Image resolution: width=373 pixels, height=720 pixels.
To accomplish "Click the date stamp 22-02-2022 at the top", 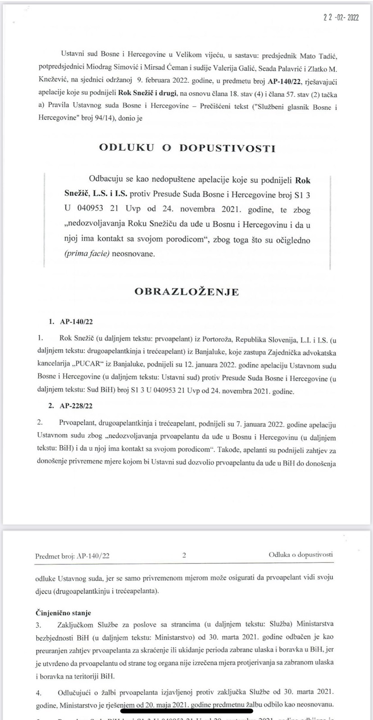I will coord(341,18).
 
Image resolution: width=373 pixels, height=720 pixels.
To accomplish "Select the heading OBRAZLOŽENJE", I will coord(186,292).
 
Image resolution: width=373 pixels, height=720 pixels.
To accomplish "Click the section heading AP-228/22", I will coord(77,405).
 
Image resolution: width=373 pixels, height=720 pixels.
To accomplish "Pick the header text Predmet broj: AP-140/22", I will coord(72,556).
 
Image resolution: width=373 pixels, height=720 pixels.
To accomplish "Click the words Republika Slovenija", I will coord(254,337).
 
